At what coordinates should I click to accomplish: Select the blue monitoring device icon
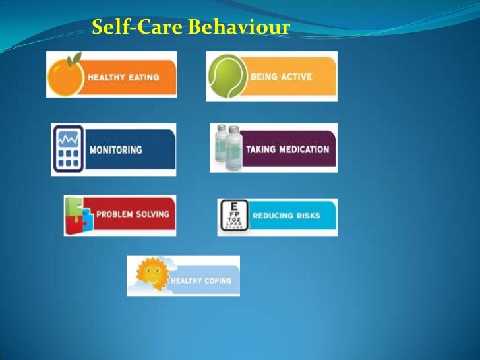[69, 149]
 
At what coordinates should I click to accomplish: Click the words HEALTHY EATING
[124, 77]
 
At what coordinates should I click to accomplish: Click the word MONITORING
[115, 150]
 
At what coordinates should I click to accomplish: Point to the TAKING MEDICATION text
[287, 149]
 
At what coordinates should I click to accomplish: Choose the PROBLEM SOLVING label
[133, 214]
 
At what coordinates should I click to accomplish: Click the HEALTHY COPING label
[201, 281]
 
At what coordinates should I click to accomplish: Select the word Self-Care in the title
[138, 28]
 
